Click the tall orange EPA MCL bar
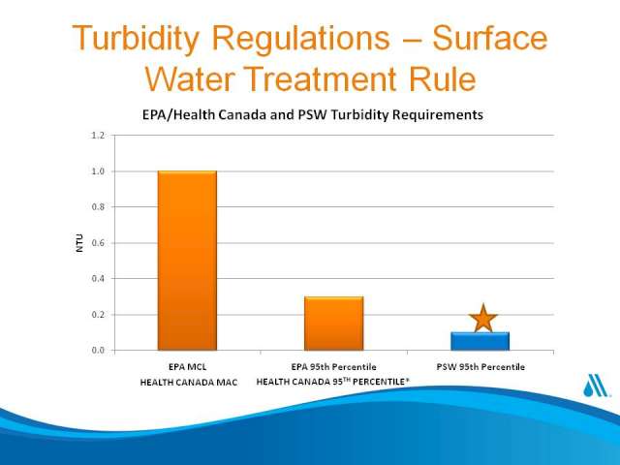pos(187,261)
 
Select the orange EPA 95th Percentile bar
pos(333,324)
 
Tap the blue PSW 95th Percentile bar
pos(480,341)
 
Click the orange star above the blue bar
pos(482,319)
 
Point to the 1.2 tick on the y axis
pos(98,136)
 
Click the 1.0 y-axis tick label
pos(98,171)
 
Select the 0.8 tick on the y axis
pos(98,207)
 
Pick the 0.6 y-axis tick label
pos(98,243)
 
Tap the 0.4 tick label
pos(98,279)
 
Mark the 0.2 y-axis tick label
pos(98,315)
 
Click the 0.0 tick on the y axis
pos(98,351)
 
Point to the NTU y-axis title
pos(79,243)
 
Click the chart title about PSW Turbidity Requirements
pos(312,115)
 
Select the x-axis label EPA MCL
pos(187,367)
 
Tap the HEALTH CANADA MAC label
pos(189,383)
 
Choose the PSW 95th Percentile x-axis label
pos(480,367)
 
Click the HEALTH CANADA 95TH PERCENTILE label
pos(333,382)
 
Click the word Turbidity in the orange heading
pos(136,39)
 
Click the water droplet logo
pos(595,385)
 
